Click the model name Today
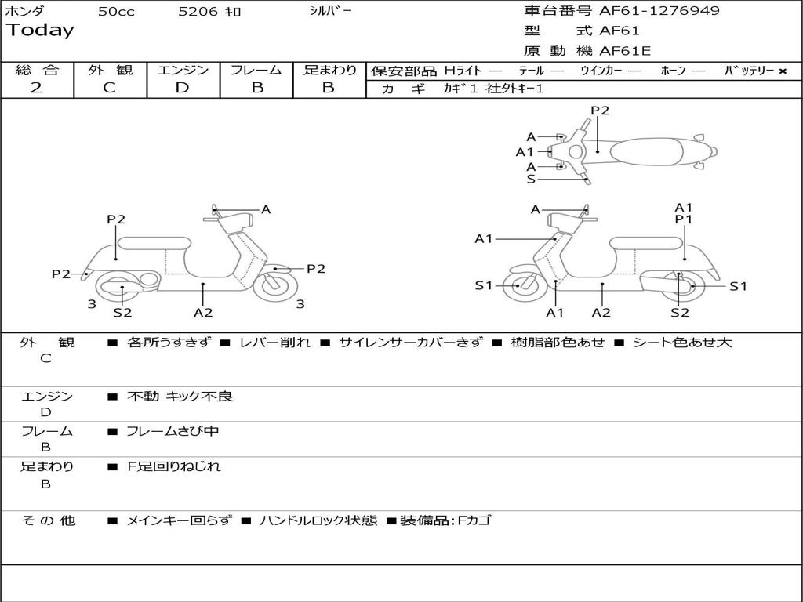(40, 31)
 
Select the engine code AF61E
(625, 52)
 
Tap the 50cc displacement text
(116, 12)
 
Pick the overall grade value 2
(36, 88)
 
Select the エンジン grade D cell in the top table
(182, 88)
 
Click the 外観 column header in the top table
(110, 70)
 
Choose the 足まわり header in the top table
(329, 70)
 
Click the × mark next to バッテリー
(782, 71)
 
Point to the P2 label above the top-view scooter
(600, 111)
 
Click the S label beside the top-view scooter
(531, 180)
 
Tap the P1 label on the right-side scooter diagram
(684, 219)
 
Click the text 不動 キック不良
(180, 397)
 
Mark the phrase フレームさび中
(173, 431)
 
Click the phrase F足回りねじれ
(174, 466)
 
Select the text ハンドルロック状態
(318, 520)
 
